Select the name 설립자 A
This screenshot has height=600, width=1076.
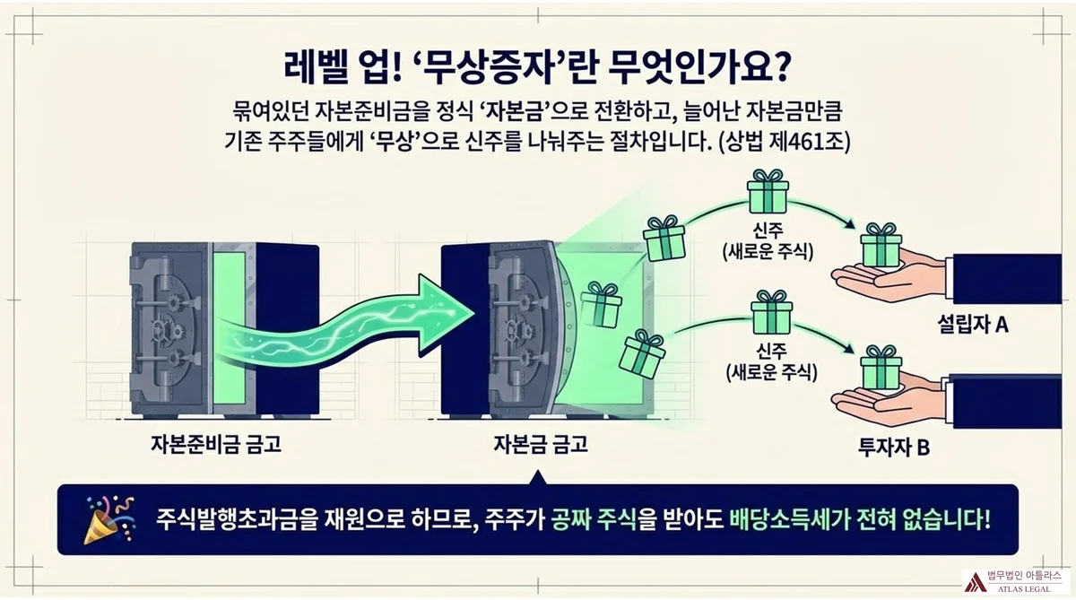pyautogui.click(x=971, y=325)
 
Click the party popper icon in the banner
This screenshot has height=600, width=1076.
pyautogui.click(x=104, y=520)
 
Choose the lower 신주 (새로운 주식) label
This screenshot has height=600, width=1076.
pyautogui.click(x=767, y=360)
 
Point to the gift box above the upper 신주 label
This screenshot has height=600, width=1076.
pyautogui.click(x=768, y=190)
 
